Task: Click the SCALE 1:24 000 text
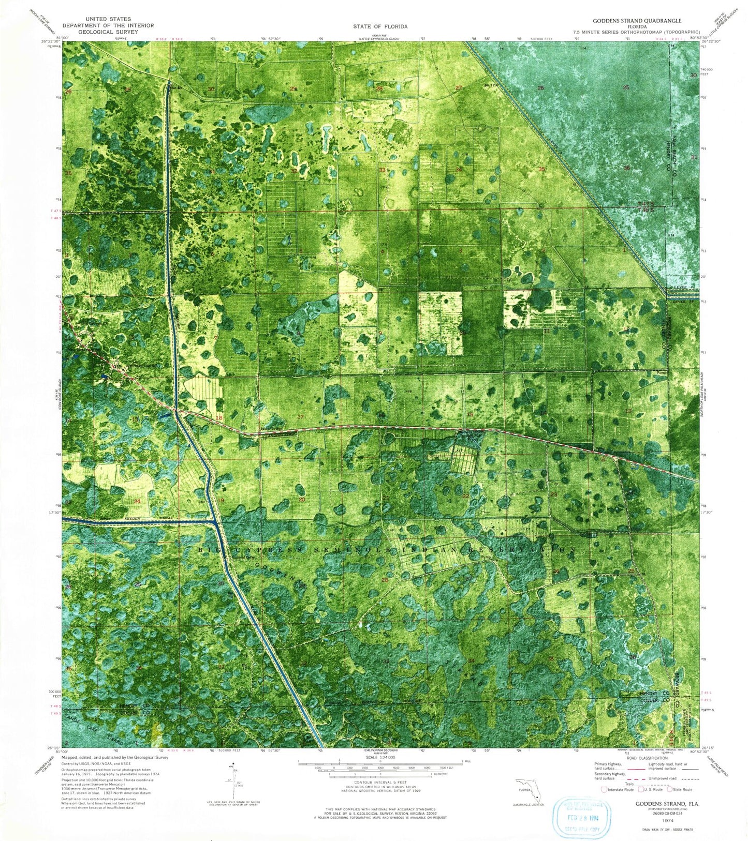coord(380,758)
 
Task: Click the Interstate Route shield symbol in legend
coord(604,789)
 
